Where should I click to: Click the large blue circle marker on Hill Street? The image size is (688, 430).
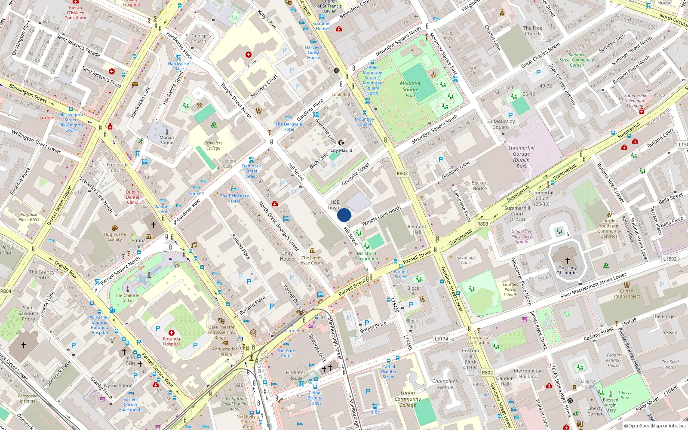[344, 215]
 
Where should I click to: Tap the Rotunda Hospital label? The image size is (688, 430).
[171, 341]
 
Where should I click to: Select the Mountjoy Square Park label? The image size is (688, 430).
[410, 89]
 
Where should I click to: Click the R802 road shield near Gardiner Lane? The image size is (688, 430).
[402, 173]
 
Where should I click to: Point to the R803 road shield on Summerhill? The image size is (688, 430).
[482, 224]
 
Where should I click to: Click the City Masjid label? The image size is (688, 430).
[341, 150]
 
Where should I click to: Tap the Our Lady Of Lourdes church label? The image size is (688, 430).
[567, 270]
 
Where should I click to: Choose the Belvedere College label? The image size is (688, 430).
[213, 145]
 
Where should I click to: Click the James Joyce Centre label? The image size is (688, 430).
[312, 260]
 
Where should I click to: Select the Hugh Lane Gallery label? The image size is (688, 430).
[114, 237]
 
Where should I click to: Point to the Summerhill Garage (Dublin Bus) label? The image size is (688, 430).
[521, 157]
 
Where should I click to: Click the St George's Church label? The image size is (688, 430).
[198, 39]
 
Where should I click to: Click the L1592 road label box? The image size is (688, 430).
[670, 259]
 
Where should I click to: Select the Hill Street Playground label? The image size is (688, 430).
[366, 256]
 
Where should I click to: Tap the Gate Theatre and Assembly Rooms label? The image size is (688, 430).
[221, 332]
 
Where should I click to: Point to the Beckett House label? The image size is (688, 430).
[479, 185]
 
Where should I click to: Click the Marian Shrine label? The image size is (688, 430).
[166, 140]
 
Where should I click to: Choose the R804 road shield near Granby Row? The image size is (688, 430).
[6, 291]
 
